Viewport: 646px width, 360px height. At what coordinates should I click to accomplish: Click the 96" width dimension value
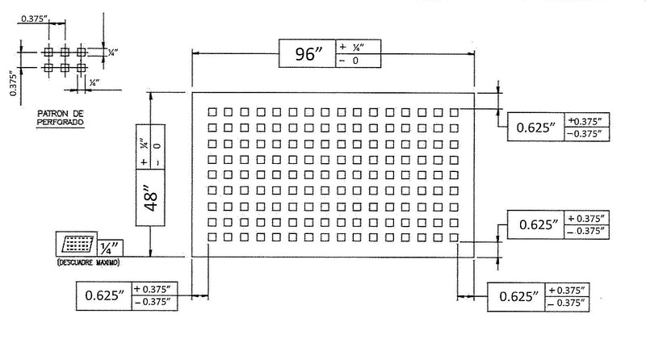(306, 55)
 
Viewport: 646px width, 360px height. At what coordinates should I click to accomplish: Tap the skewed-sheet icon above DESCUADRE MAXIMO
(76, 244)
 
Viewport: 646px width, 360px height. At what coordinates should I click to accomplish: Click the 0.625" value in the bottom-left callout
(103, 295)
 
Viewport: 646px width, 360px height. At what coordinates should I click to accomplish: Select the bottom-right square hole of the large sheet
(455, 237)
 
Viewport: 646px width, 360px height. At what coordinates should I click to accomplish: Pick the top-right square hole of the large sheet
(455, 111)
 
